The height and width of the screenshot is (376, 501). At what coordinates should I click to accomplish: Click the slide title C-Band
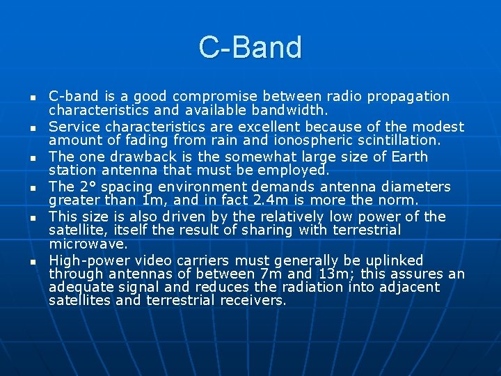(250, 47)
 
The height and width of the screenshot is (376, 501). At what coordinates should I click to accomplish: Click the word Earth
(408, 157)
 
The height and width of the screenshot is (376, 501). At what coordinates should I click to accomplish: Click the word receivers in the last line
(253, 301)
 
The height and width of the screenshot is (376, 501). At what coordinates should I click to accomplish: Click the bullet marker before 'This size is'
(33, 218)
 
